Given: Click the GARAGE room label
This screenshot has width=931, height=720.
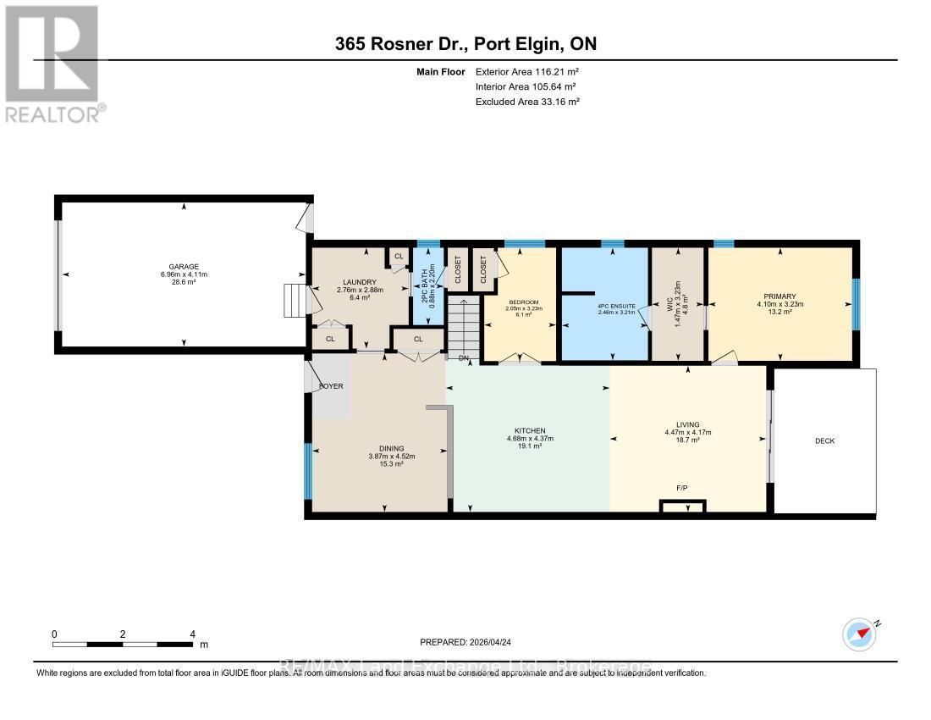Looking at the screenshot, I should [183, 267].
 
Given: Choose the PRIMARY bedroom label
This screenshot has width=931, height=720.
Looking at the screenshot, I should [779, 296].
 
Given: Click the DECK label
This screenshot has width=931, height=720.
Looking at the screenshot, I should [825, 440].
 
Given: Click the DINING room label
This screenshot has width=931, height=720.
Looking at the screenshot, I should [391, 449].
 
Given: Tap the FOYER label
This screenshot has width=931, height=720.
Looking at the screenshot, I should [329, 385].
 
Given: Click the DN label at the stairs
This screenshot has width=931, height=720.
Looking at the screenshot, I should [463, 358].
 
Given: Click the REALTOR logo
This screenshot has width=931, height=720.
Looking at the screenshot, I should [52, 64].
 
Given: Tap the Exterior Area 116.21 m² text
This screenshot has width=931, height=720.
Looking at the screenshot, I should [527, 73].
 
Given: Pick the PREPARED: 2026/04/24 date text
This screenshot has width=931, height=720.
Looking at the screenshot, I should [465, 642].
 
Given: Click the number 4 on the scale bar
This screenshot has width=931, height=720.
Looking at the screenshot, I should [193, 634].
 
